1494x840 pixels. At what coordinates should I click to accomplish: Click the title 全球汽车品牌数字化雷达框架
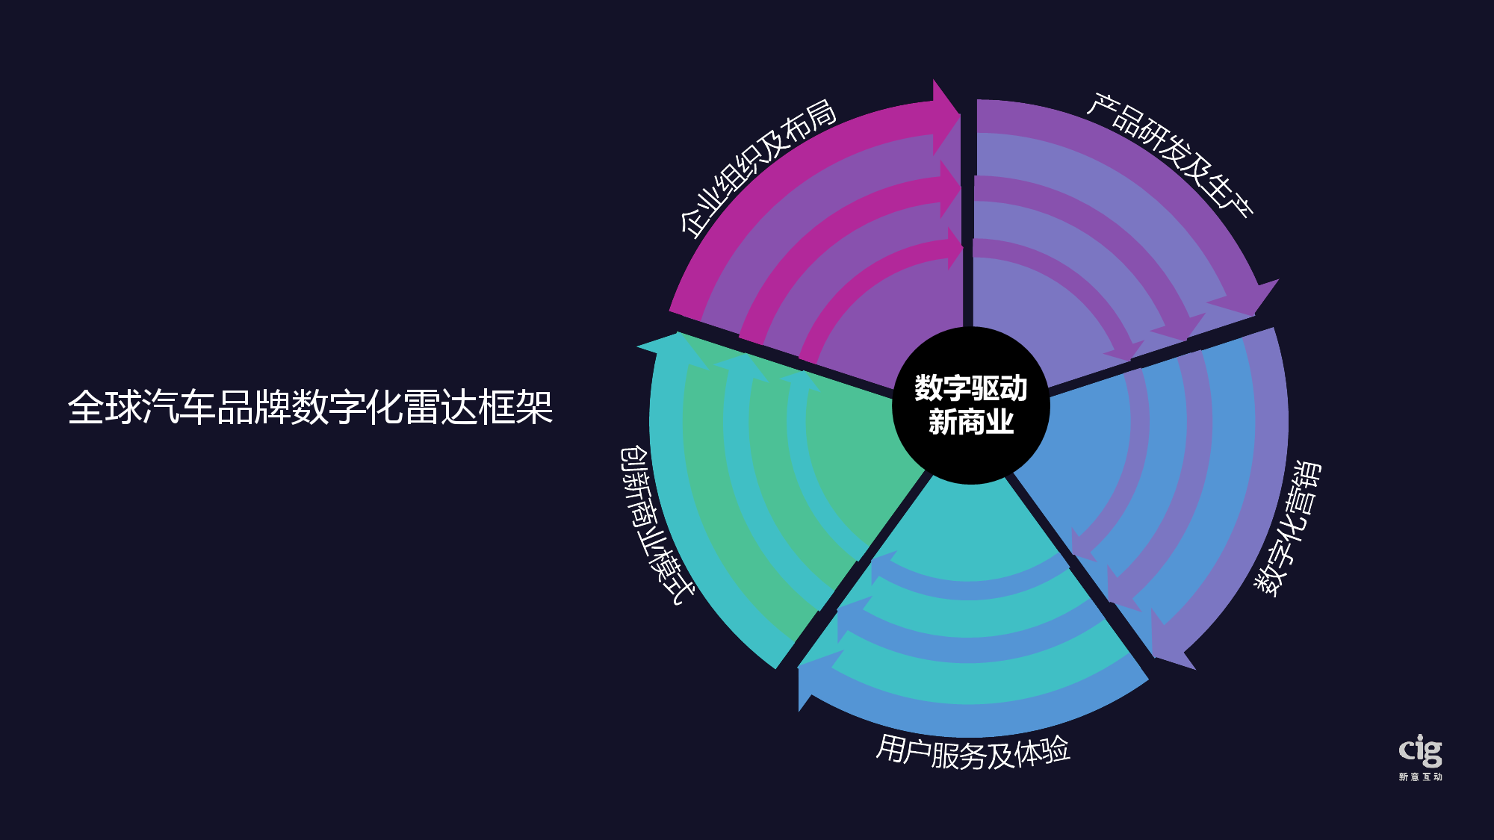[x=310, y=408]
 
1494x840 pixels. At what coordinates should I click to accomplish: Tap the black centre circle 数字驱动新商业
[x=971, y=405]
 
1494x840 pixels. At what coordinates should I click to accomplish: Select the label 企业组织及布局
[x=757, y=167]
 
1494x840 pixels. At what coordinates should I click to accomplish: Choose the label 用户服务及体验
[x=973, y=751]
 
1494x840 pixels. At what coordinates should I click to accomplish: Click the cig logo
[x=1420, y=751]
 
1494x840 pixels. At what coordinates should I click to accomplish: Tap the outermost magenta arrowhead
[x=944, y=116]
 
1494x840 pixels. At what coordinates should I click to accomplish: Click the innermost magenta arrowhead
[x=954, y=249]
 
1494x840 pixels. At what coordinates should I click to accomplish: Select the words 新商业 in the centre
[x=971, y=423]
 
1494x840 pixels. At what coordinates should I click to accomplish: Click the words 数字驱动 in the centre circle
[x=971, y=388]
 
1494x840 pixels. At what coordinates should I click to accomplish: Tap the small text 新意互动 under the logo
[x=1420, y=777]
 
